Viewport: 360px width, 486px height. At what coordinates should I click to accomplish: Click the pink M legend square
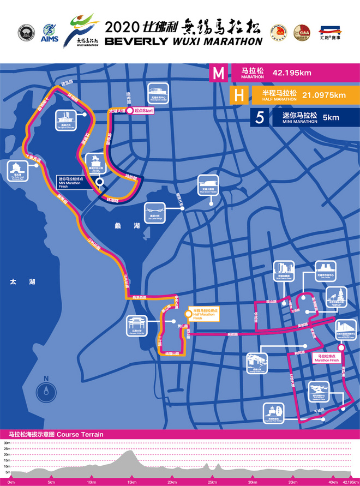(x=219, y=73)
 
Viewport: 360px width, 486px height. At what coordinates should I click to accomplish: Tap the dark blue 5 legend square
(x=260, y=117)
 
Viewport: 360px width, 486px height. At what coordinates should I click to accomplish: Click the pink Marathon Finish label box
(x=328, y=358)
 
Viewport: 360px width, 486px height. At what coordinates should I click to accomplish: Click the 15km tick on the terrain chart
(x=131, y=482)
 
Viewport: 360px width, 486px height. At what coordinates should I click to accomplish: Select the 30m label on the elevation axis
(x=7, y=443)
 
